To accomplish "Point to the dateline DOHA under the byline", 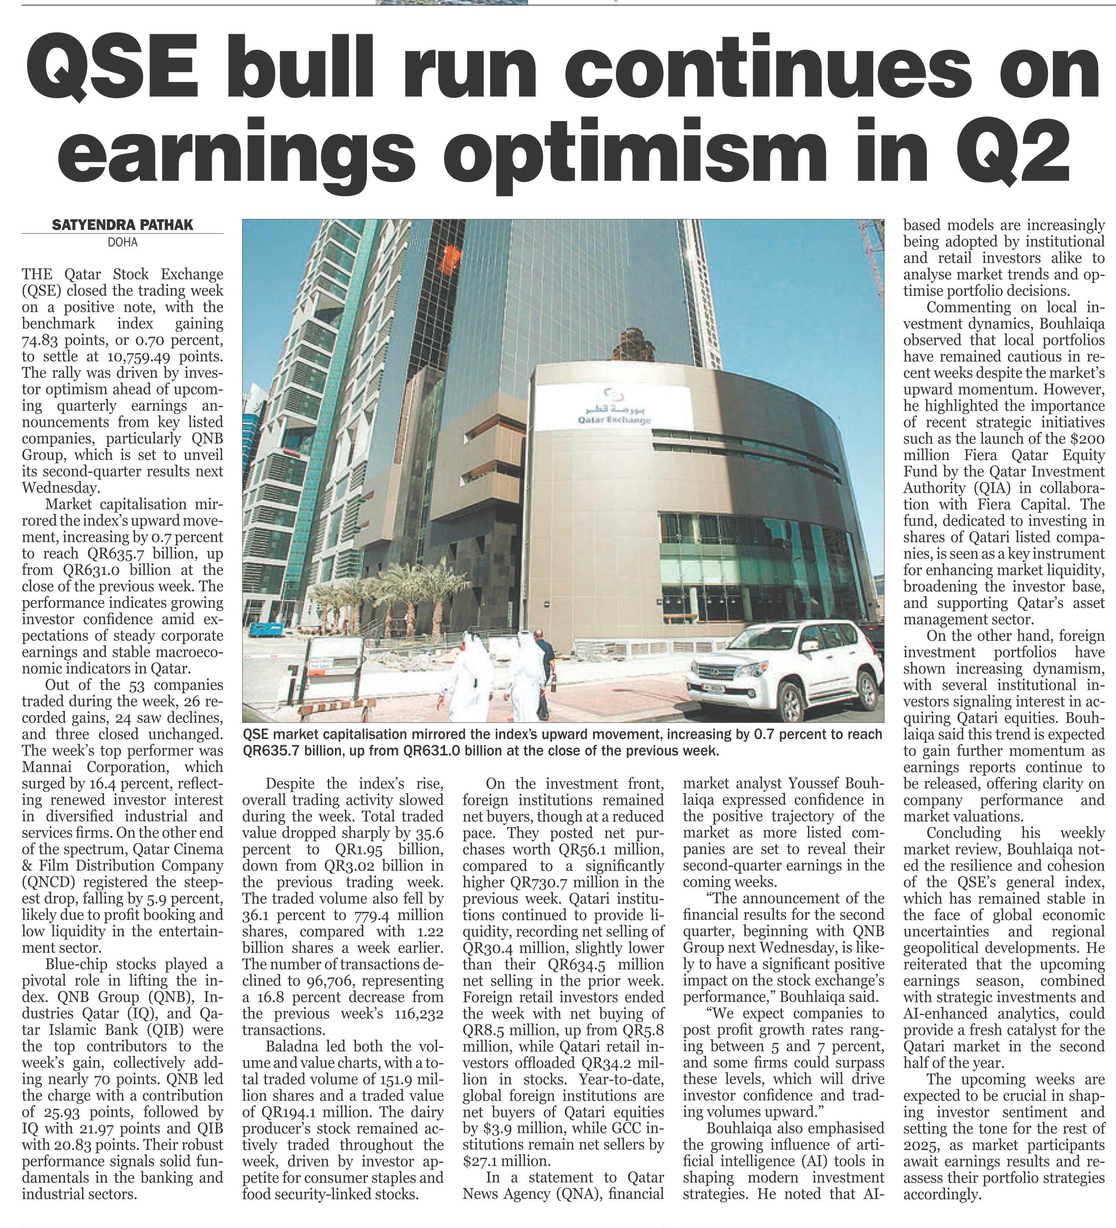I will tap(123, 242).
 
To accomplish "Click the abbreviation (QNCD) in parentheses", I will tap(50, 882).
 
